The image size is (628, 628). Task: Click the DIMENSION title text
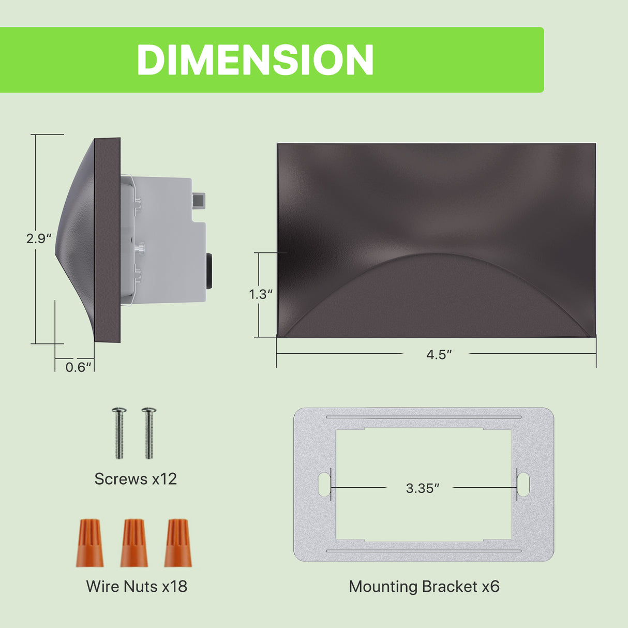point(255,60)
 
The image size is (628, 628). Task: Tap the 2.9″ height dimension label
point(39,238)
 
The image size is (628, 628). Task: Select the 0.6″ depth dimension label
point(79,367)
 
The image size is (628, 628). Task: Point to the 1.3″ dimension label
point(261,294)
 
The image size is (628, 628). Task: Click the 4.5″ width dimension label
point(439,354)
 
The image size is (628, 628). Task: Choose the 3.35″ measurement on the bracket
point(422,488)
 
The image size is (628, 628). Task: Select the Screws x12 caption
point(136,479)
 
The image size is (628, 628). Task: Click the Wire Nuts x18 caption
point(137,586)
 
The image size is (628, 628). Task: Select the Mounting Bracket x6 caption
point(424,586)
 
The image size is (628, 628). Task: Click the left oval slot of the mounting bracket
point(324,484)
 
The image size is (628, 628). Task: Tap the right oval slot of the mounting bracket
point(523,484)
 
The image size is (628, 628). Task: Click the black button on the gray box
point(210,270)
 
